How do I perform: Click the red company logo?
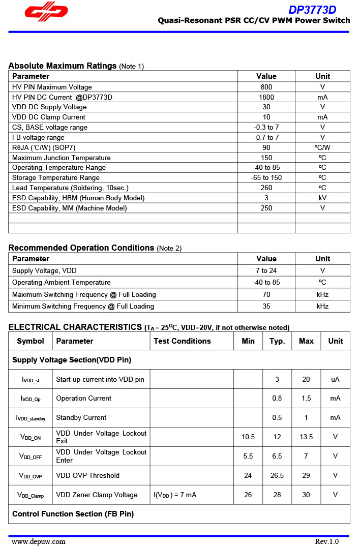(46, 14)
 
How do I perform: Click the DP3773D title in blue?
(312, 10)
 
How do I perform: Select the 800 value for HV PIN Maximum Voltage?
(266, 87)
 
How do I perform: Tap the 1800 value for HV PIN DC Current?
(266, 97)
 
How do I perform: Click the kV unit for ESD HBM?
(322, 198)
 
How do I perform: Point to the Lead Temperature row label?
(70, 188)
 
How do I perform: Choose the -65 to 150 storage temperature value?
(266, 177)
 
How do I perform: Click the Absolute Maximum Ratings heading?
(63, 66)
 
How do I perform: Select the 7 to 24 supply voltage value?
(266, 270)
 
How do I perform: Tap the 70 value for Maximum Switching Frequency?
(266, 294)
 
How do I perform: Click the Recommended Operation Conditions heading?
(81, 248)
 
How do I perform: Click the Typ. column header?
(277, 341)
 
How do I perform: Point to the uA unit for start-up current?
(335, 379)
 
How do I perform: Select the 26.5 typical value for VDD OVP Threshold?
(277, 476)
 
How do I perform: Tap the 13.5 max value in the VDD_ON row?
(306, 437)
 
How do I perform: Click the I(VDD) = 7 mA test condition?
(175, 495)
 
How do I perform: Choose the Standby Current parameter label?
(81, 418)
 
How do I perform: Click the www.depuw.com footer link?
(39, 541)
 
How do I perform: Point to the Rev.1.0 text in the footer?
(326, 541)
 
